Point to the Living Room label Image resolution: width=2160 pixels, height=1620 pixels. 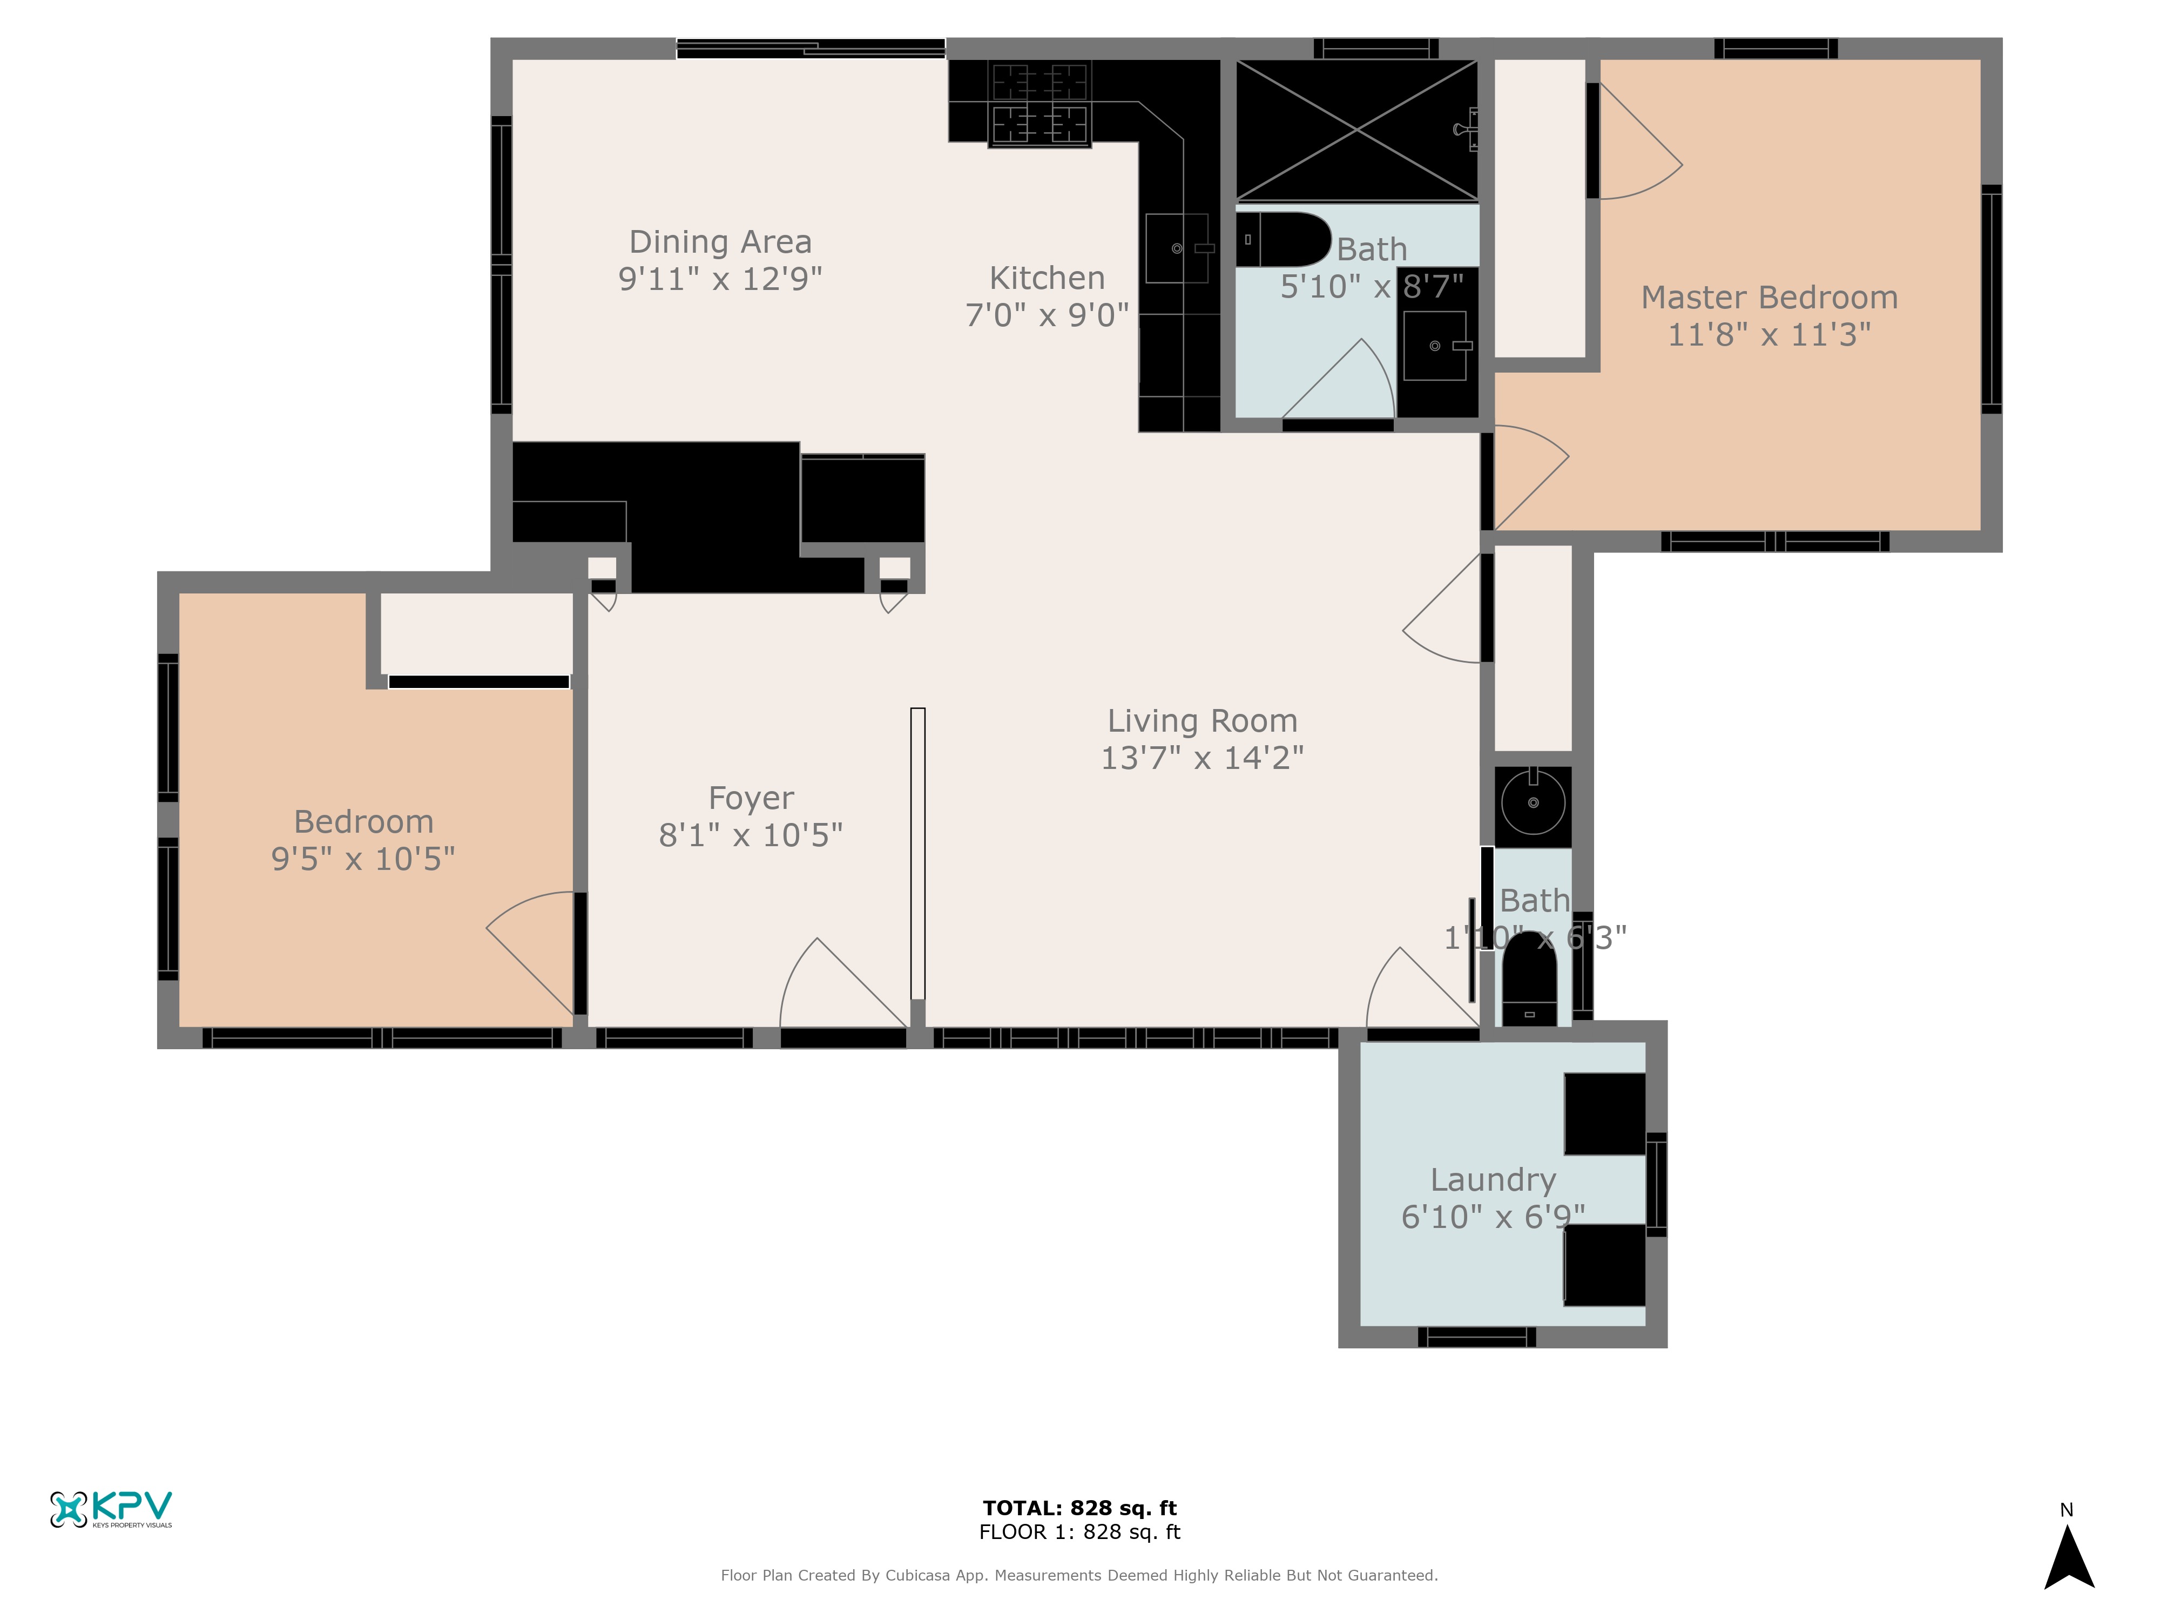(1202, 721)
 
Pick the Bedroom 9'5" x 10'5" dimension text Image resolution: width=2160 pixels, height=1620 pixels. (363, 859)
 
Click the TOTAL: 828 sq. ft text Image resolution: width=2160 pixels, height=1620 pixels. (1079, 1508)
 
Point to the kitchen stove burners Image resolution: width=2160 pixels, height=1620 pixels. (1039, 104)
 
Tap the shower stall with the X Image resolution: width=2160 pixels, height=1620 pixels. (1358, 130)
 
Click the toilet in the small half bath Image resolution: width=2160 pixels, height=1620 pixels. (1529, 976)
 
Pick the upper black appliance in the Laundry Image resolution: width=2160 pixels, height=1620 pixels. (1604, 1114)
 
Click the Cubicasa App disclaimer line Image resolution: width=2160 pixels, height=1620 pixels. (1079, 1575)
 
